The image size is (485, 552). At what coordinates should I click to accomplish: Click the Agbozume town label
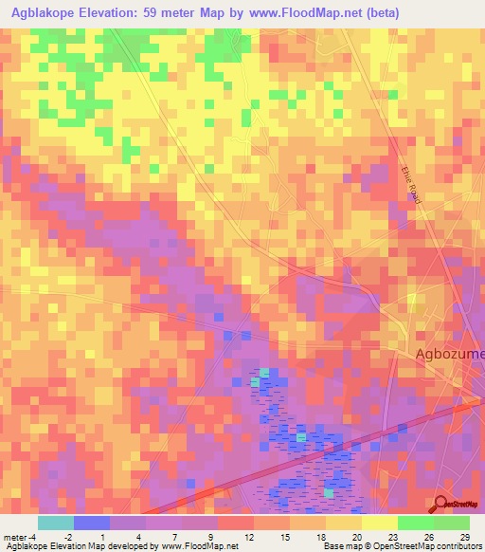coord(449,355)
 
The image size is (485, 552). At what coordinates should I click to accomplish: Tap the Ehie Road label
coord(409,181)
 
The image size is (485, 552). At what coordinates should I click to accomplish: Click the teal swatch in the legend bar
coord(55,523)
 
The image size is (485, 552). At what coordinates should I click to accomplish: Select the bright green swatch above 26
coord(415,523)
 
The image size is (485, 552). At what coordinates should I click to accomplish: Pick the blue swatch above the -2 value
coord(91,523)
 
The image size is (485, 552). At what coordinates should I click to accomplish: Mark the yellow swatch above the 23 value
coord(379,523)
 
